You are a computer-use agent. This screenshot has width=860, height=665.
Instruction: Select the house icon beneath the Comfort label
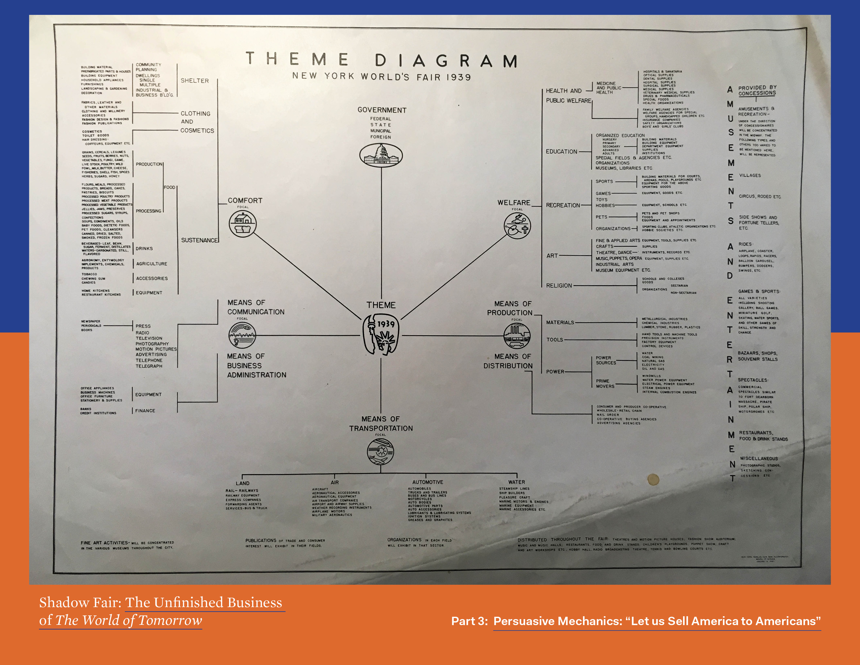243,223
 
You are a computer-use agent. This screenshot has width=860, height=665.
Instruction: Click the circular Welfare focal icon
517,226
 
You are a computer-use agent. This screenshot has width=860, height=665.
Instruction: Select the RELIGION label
559,286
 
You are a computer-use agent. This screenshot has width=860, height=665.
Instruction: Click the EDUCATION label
561,152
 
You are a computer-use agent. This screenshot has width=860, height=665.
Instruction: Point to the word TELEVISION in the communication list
149,338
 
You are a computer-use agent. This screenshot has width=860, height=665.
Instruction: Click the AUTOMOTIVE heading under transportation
428,482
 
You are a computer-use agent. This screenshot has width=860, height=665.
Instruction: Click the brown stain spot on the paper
653,479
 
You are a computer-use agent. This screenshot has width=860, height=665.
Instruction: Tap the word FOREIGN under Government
380,137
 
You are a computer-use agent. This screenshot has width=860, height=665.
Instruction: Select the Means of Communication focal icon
242,335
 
